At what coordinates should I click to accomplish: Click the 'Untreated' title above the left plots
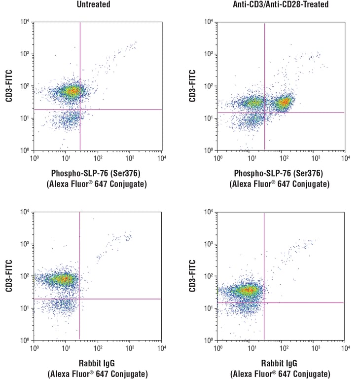click(x=93, y=4)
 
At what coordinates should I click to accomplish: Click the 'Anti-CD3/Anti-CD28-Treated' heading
click(x=280, y=4)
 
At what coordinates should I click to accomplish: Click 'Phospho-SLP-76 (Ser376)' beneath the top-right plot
click(x=280, y=173)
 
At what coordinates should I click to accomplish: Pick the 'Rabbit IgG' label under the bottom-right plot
click(x=280, y=363)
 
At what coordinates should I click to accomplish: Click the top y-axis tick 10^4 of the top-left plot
click(x=25, y=22)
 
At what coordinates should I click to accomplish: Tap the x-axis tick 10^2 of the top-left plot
click(x=98, y=158)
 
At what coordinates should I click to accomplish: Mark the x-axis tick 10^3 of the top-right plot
click(x=314, y=158)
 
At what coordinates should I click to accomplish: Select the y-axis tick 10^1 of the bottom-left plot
click(x=25, y=308)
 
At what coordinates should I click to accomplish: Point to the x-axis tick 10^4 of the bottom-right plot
click(x=343, y=348)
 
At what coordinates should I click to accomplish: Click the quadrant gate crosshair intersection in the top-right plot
click(x=265, y=113)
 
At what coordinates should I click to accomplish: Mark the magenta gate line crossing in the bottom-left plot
click(x=79, y=299)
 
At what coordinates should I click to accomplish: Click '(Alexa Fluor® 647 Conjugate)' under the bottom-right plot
click(x=280, y=373)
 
